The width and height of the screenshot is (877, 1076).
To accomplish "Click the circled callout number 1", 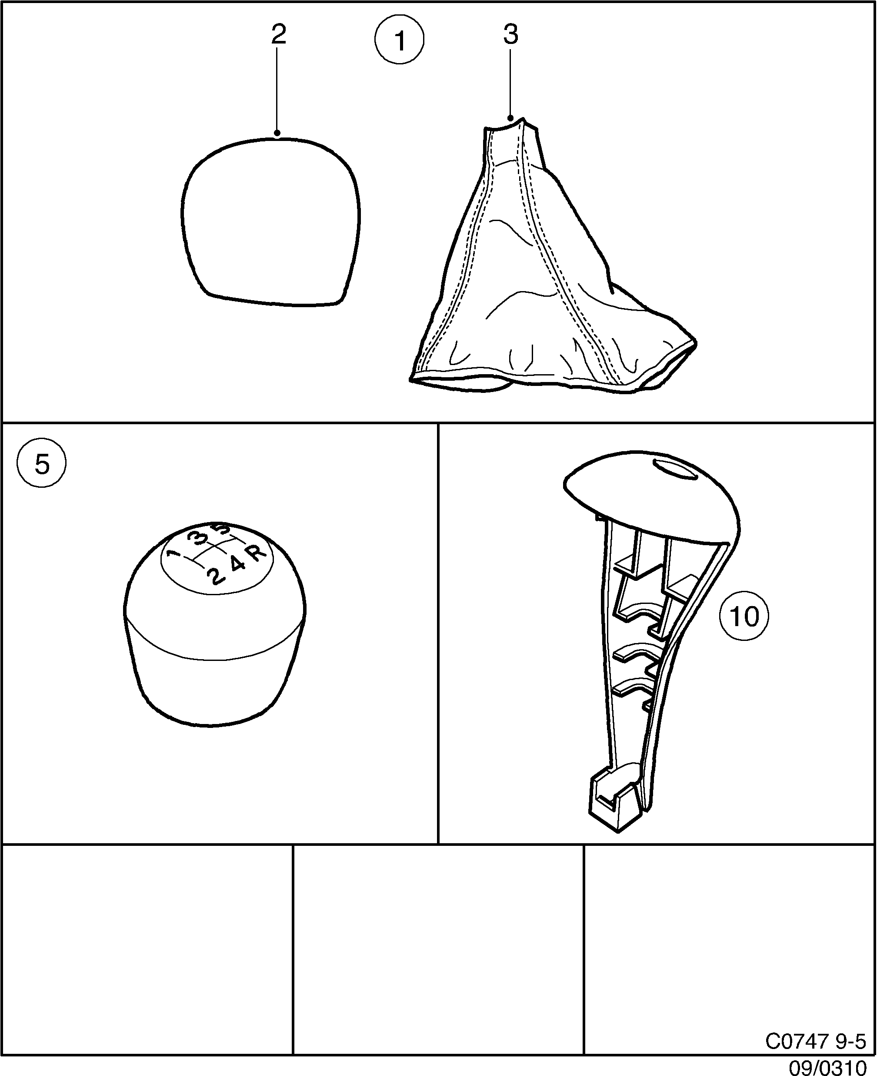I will (399, 40).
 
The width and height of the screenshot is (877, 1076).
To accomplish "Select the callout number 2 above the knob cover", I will (278, 34).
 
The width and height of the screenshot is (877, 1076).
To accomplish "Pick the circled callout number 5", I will (41, 463).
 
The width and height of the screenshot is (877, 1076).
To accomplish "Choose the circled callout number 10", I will (744, 617).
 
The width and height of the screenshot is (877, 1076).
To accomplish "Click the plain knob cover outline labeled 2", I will (271, 222).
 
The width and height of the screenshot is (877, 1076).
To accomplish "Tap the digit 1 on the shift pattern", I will (174, 554).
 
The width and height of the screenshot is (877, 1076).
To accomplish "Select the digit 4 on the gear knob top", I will (237, 563).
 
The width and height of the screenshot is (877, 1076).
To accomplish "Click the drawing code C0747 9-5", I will (815, 1041).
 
